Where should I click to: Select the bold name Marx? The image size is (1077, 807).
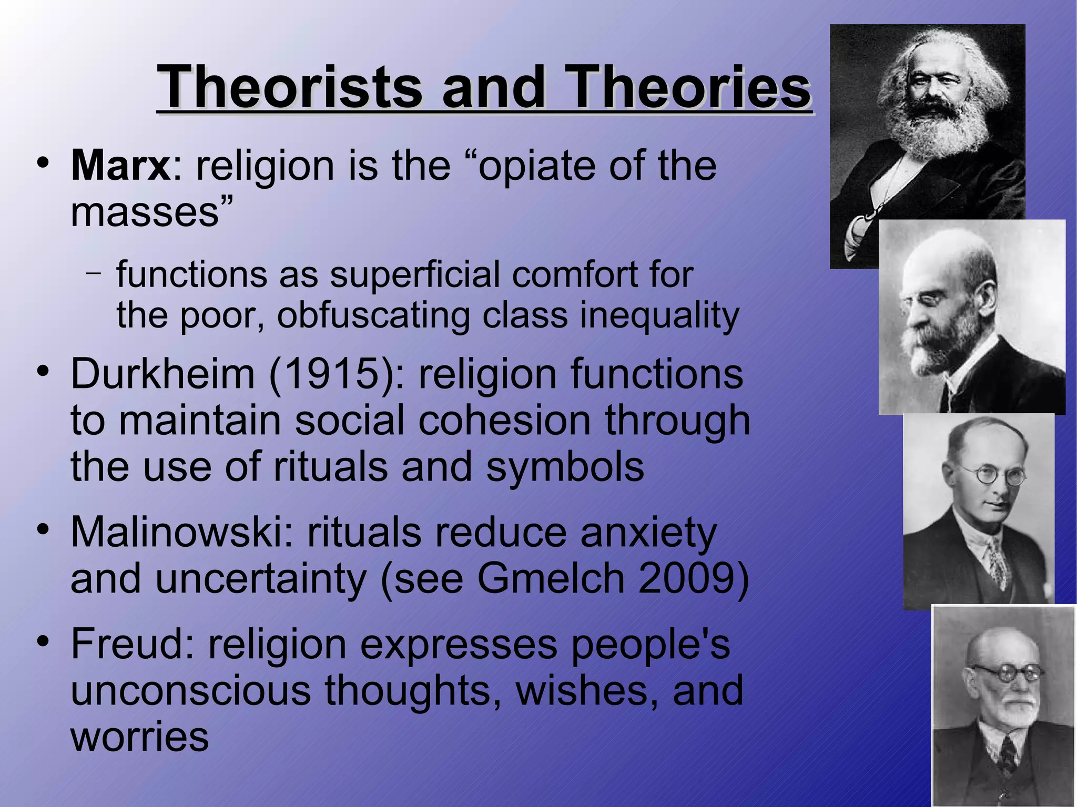pos(120,166)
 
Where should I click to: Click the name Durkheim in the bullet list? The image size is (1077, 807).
pos(162,374)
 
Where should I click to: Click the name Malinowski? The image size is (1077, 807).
pos(181,532)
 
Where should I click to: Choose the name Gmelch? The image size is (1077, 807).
pos(551,578)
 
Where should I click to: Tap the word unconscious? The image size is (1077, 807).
pos(190,690)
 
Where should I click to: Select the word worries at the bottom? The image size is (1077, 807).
pos(139,736)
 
